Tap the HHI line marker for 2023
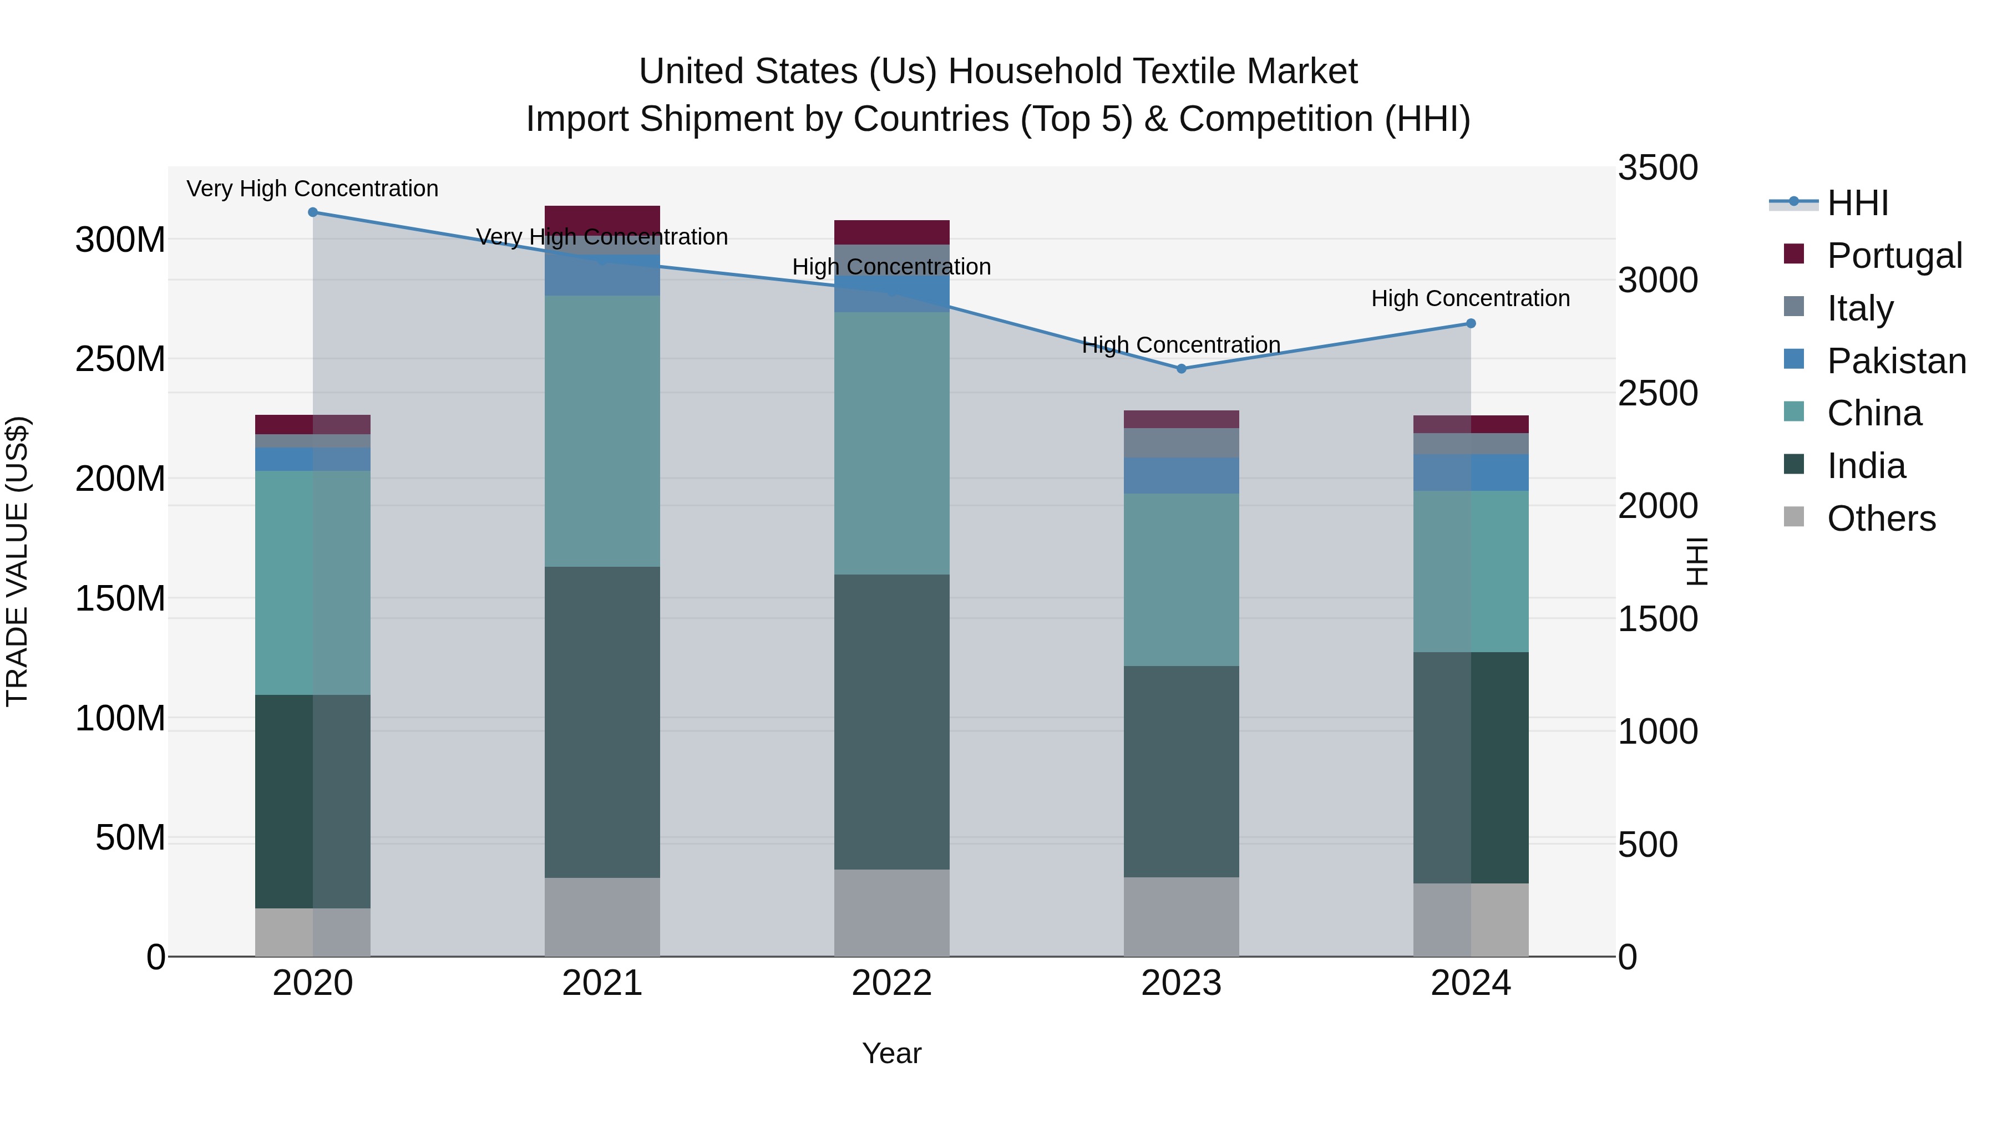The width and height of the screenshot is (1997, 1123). (1182, 369)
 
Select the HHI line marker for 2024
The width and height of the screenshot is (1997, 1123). (1471, 324)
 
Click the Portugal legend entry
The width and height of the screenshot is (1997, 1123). (1893, 256)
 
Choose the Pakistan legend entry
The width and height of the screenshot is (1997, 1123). (1895, 361)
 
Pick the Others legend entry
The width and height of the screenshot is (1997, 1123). (1880, 519)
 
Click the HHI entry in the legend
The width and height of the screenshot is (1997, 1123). (1857, 203)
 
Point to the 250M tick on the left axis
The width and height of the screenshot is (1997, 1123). (120, 359)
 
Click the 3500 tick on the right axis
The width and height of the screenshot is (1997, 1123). (1658, 168)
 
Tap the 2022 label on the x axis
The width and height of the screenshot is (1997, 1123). (891, 983)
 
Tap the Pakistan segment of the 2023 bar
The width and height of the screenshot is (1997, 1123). (1182, 475)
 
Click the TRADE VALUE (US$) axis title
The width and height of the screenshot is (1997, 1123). (17, 561)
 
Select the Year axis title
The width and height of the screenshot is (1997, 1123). (891, 1054)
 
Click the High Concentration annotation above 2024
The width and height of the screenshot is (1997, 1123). (1471, 298)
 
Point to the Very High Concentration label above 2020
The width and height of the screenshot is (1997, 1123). (312, 189)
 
